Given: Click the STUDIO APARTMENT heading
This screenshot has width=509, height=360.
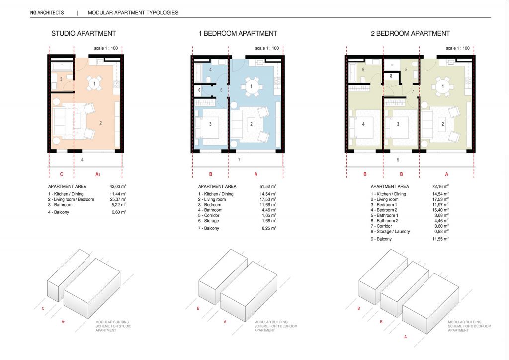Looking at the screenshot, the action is click(x=84, y=33).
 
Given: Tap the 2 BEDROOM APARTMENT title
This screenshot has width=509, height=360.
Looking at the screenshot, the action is click(x=410, y=33).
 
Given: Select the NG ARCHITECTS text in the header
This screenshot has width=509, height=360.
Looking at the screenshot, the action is click(x=47, y=13).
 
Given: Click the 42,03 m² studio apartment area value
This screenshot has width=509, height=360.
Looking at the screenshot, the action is click(x=118, y=186).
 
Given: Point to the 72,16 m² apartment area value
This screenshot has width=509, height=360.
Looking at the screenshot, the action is click(x=440, y=186).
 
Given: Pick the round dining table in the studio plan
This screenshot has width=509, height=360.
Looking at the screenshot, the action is click(x=95, y=84).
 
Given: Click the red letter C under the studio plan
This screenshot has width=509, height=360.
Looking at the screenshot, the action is click(x=61, y=174).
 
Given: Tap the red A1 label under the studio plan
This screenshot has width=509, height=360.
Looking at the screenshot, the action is click(x=98, y=174).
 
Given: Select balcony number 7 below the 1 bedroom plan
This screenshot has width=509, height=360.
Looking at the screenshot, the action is click(x=239, y=160).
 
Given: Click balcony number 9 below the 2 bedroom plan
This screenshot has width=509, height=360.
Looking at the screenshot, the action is click(x=398, y=160).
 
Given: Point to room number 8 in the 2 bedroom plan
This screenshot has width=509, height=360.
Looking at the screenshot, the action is click(x=391, y=76).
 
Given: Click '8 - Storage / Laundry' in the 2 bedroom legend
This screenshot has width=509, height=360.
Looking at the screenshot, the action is click(x=390, y=231).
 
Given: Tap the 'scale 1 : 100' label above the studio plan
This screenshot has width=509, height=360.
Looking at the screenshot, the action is click(x=106, y=48).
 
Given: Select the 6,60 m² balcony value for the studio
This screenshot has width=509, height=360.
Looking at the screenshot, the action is click(x=118, y=212).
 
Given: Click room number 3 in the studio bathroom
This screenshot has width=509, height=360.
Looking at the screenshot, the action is click(x=61, y=79).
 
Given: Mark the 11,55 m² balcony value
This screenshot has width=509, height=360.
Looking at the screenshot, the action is click(x=440, y=239).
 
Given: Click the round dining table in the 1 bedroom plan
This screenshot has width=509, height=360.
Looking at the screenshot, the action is click(x=251, y=87).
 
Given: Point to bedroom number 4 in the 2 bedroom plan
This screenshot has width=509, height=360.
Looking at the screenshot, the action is click(x=363, y=124).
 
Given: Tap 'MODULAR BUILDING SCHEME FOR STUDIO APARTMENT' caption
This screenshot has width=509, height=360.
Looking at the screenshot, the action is click(x=113, y=326).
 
